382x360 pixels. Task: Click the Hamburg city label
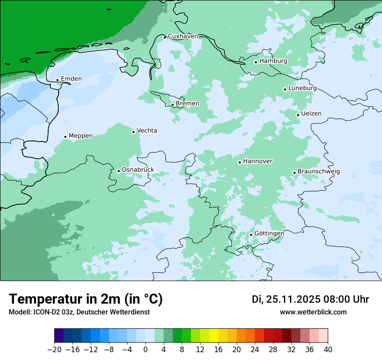pos(273,61)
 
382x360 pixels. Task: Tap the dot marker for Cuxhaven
pos(165,37)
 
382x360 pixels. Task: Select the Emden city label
pos(71,79)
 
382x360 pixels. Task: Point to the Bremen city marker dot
pos(172,105)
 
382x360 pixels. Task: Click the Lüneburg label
pos(302,88)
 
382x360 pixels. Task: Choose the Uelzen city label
pos(311,114)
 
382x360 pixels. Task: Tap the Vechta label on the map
pos(147,131)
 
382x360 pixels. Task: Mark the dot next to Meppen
pos(65,137)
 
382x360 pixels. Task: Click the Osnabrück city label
pos(138,170)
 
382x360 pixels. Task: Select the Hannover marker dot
pos(240,162)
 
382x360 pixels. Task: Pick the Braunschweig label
pos(319,171)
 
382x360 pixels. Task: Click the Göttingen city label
pos(269,233)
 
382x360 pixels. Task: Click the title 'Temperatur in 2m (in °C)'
pos(86,299)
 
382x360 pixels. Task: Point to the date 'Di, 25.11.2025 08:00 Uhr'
pos(310,299)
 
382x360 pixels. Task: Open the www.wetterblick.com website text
pos(313,312)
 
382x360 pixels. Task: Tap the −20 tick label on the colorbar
pos(54,350)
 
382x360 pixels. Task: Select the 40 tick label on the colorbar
pos(328,350)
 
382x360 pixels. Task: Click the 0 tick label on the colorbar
pos(145,350)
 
